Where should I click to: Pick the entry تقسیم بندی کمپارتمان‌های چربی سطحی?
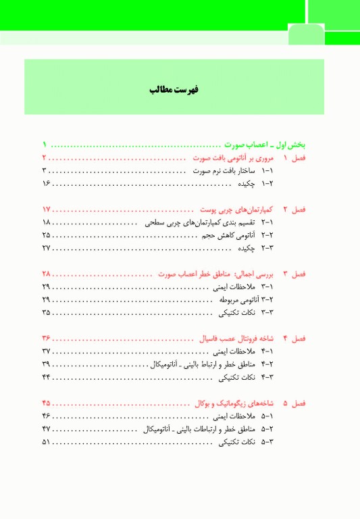coord(197,222)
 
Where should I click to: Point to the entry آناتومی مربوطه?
coord(229,299)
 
